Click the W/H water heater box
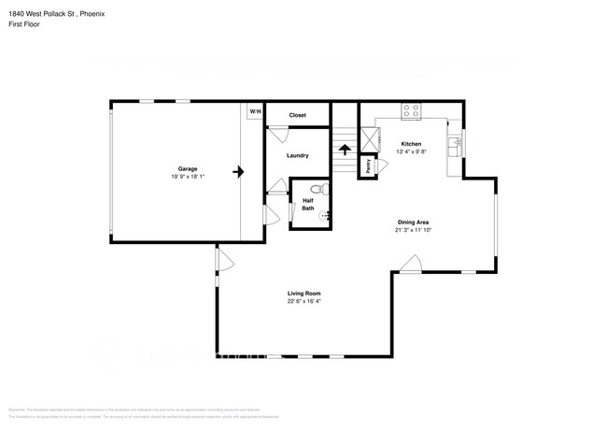[255, 111]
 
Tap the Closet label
[297, 115]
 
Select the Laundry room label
[297, 155]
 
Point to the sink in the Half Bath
[325, 216]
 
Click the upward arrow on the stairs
[344, 149]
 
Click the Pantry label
[369, 166]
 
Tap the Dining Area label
[412, 222]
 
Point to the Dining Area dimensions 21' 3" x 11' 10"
[412, 230]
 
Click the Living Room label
[303, 294]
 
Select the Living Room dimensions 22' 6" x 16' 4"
[303, 302]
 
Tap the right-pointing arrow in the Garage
[239, 172]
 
